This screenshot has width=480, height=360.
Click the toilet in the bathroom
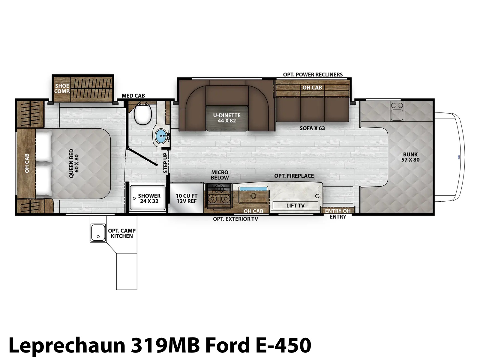(143, 113)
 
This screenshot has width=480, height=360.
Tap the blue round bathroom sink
(161, 136)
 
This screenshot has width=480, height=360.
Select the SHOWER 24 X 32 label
(149, 198)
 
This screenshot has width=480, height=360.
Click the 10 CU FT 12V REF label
(187, 198)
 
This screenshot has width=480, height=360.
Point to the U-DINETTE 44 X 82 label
(227, 118)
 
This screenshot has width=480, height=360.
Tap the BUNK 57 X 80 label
(410, 157)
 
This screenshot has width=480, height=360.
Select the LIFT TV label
(295, 205)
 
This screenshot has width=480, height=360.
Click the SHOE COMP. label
(62, 88)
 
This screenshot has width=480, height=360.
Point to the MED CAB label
(133, 95)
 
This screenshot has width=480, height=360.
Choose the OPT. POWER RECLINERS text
(313, 74)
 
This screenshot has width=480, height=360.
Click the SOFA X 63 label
(312, 128)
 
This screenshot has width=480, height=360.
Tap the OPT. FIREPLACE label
(294, 176)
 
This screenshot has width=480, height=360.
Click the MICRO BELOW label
(220, 175)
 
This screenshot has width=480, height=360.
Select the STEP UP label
(165, 163)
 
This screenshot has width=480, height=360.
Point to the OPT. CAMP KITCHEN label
(121, 233)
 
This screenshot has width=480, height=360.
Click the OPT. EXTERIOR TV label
(235, 219)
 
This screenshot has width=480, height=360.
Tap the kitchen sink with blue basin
(253, 194)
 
